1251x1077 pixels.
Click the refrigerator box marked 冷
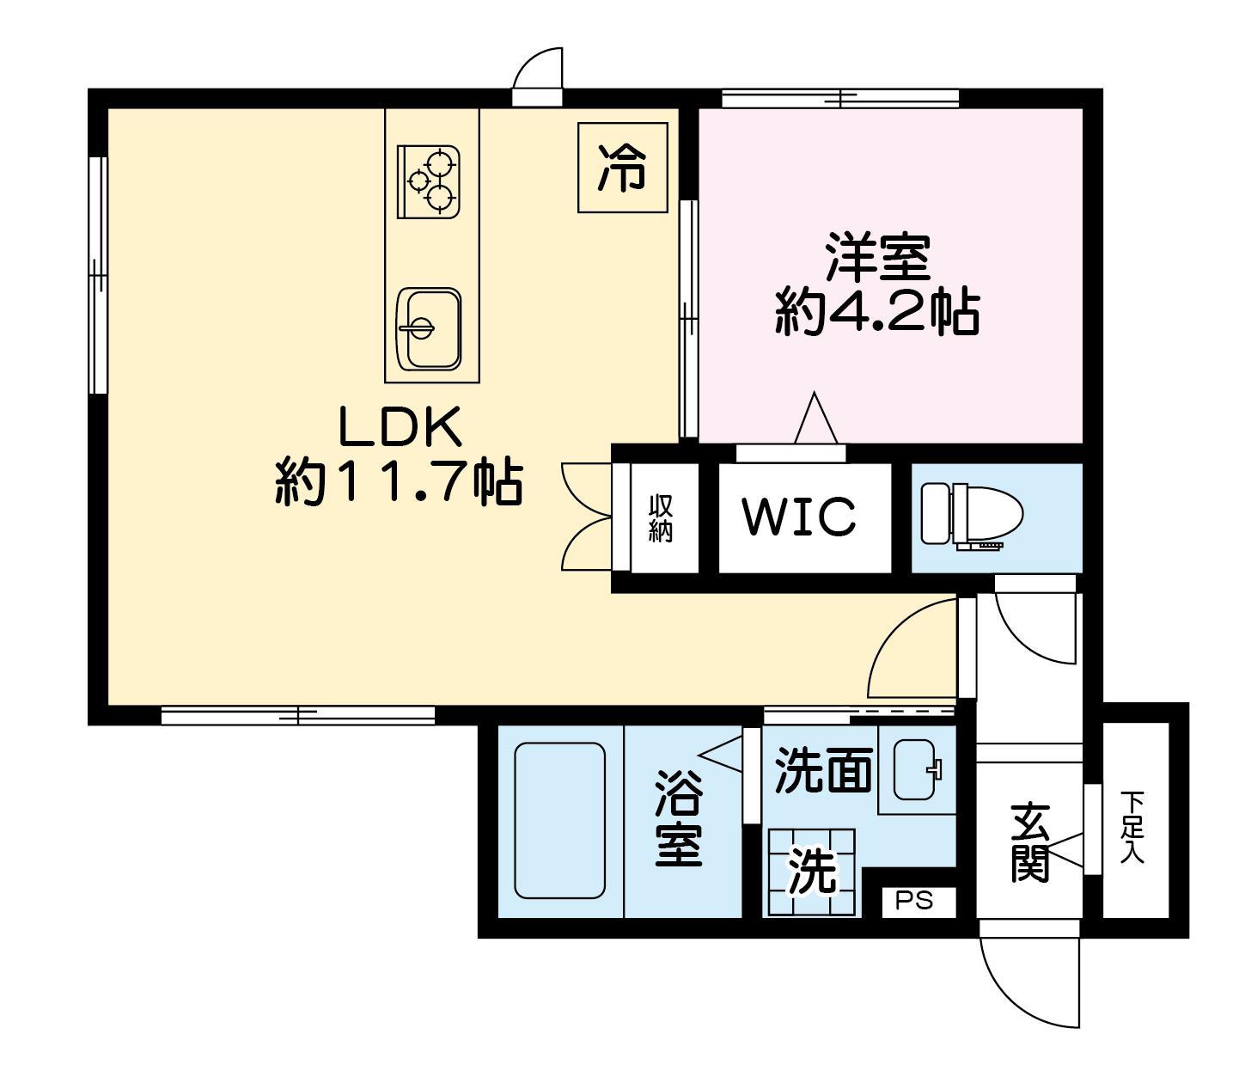click(622, 168)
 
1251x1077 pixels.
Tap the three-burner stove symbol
click(429, 181)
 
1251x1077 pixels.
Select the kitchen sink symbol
click(429, 329)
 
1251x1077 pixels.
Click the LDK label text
click(400, 427)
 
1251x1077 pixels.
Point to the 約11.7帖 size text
click(399, 483)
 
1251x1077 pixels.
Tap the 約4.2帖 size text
click(877, 312)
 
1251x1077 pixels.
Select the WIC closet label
click(799, 517)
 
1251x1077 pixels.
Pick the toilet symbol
click(971, 516)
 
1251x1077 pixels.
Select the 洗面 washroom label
click(824, 770)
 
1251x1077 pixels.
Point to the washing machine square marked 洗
click(812, 872)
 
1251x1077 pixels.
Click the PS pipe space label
click(914, 901)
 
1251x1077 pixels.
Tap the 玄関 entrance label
click(1030, 842)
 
